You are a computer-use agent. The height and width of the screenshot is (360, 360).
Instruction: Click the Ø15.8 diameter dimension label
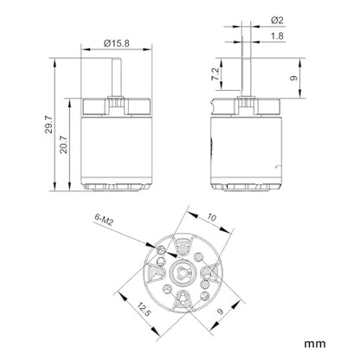(117, 43)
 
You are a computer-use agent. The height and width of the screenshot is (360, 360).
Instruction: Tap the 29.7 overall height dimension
(49, 125)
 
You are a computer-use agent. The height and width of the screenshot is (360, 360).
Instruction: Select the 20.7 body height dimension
(64, 145)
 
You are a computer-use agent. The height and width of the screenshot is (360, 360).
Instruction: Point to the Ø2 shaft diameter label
(277, 20)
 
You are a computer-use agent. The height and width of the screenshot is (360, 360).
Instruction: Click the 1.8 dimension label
(277, 36)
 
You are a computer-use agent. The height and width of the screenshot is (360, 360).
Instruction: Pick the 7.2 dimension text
(215, 74)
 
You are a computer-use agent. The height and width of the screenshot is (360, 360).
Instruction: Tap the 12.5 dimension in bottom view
(144, 310)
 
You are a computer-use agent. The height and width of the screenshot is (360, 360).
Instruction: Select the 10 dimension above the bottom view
(212, 217)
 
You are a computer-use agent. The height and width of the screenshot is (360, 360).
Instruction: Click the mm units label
(315, 344)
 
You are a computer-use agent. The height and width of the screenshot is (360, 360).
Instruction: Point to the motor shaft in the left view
(117, 77)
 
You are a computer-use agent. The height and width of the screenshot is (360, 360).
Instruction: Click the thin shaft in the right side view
(247, 77)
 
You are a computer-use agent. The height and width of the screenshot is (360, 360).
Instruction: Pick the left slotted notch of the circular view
(155, 273)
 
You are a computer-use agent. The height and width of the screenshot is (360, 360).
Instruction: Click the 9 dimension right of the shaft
(293, 78)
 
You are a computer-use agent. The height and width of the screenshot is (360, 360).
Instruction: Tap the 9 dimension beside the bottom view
(221, 312)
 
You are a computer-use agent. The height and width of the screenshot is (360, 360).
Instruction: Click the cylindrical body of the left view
(117, 151)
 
